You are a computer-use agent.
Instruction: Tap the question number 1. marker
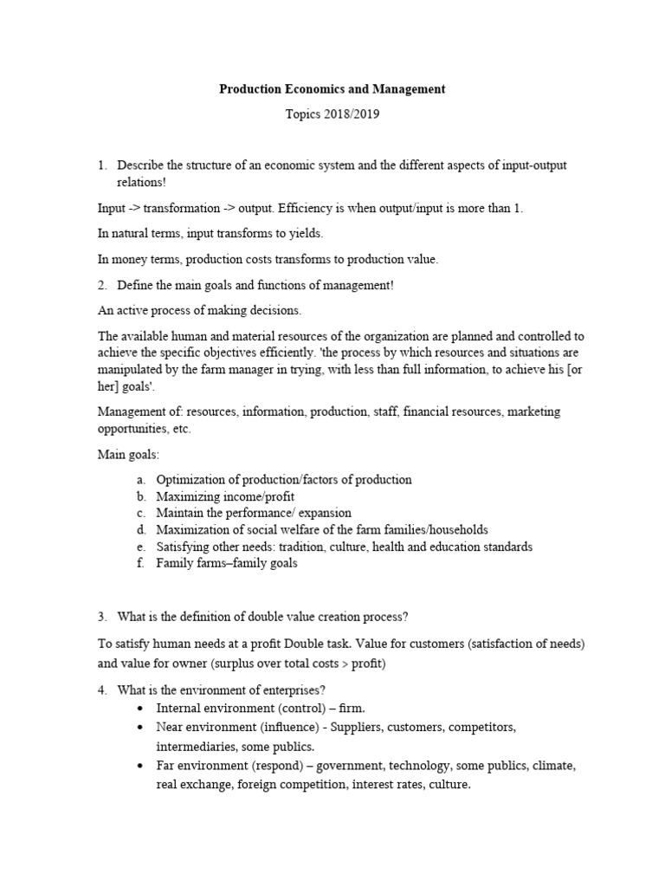point(102,165)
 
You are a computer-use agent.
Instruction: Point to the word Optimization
point(191,480)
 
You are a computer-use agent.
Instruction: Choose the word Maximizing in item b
point(190,496)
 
